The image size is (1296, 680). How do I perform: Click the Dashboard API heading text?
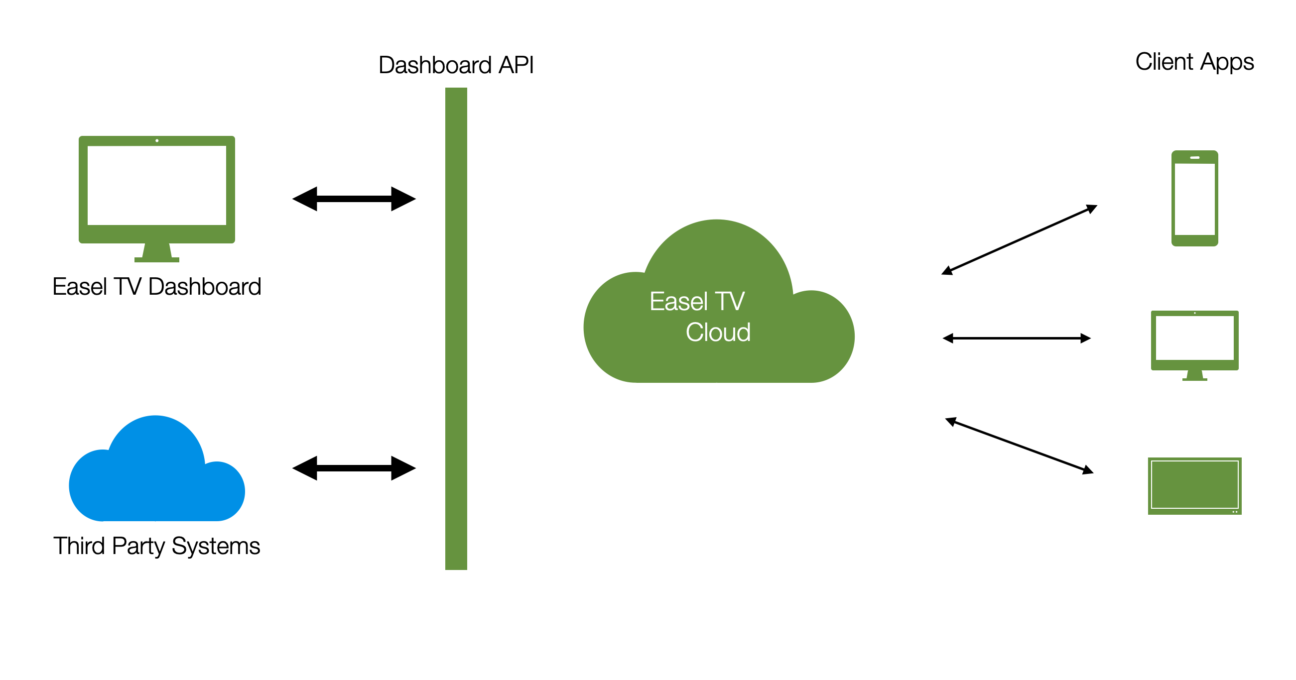tap(456, 65)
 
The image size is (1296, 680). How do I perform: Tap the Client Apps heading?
tap(1194, 62)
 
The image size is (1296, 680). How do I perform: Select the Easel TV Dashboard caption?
tap(156, 287)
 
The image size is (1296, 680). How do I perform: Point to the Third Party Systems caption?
tap(156, 546)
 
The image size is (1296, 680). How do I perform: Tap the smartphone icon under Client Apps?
tap(1194, 198)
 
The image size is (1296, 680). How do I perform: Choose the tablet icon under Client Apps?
tap(1194, 486)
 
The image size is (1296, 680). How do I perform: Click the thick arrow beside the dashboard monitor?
tap(354, 199)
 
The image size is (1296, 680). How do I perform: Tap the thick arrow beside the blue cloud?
tap(354, 468)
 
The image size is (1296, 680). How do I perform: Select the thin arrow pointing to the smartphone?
tap(1019, 239)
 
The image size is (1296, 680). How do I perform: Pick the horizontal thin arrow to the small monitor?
tap(1016, 339)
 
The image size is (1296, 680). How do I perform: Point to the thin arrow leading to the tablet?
tap(1019, 446)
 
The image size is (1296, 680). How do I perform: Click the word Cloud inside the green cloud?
tap(718, 333)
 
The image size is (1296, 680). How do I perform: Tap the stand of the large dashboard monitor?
tap(156, 252)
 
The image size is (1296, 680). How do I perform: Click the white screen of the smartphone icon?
tap(1194, 199)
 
